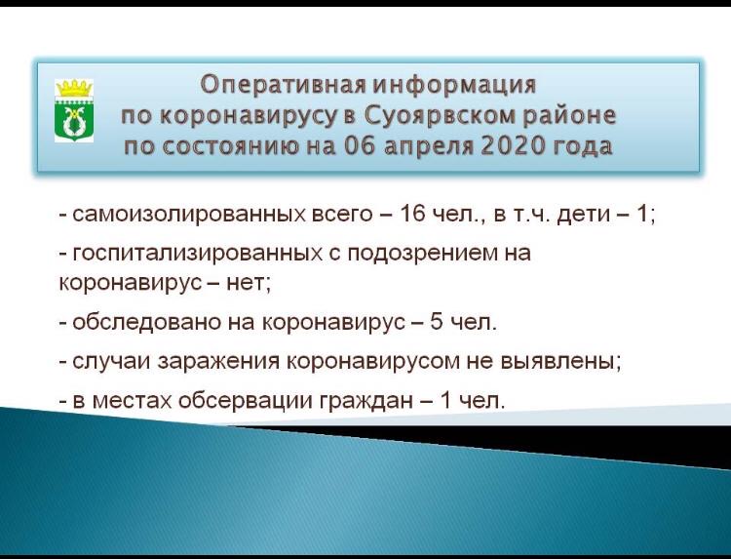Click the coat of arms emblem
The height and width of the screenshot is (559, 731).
(74, 110)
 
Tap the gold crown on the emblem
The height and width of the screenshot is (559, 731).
(74, 87)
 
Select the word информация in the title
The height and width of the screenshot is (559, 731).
(455, 85)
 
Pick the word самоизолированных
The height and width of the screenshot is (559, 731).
(188, 215)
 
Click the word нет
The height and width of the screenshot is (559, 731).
(248, 283)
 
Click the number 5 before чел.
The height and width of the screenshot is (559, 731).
(436, 322)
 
